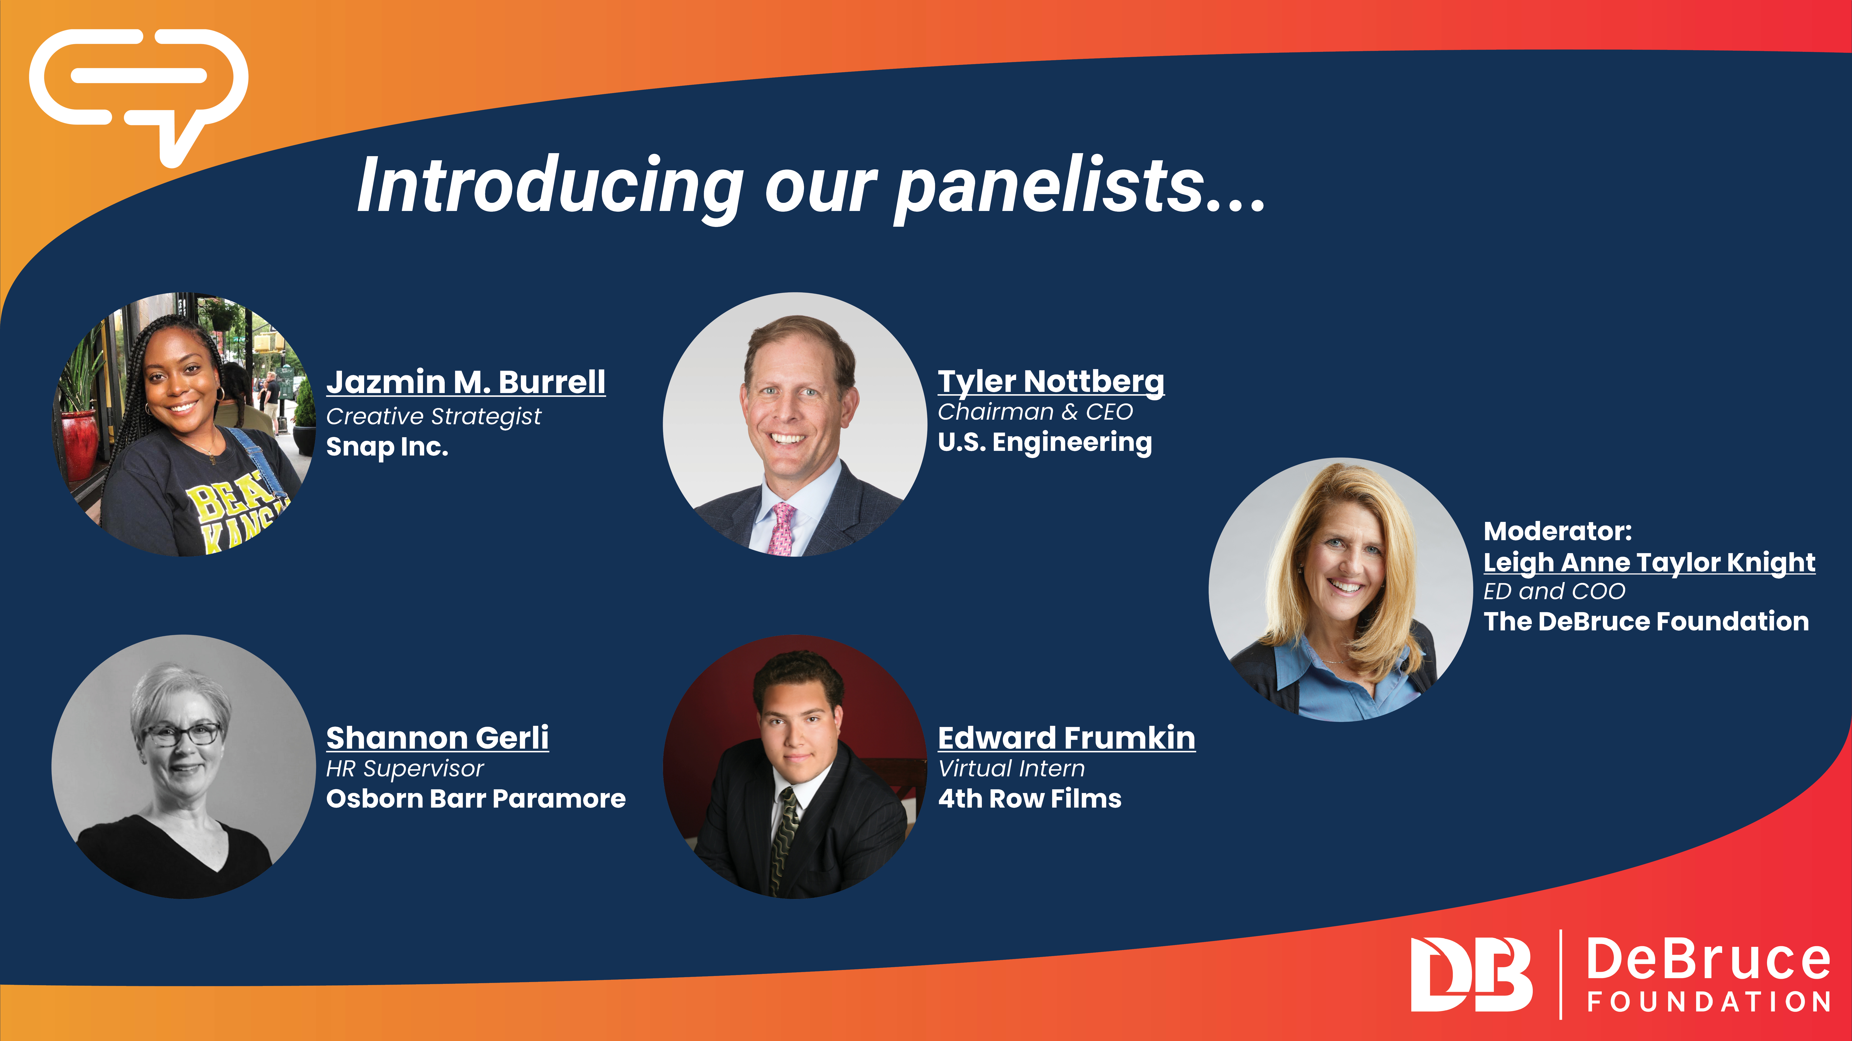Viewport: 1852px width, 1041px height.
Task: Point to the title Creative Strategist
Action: [434, 416]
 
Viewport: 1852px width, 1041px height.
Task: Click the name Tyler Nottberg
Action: [1051, 382]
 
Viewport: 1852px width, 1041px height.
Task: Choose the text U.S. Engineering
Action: [1045, 442]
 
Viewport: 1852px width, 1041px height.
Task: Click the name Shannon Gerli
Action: [437, 738]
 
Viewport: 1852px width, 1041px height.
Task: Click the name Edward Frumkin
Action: [1067, 738]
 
